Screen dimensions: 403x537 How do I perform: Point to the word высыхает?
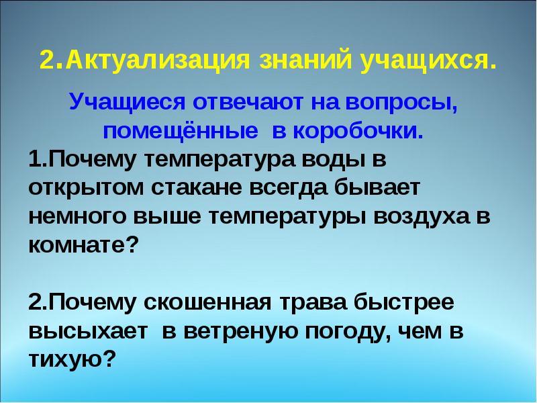click(x=82, y=330)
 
